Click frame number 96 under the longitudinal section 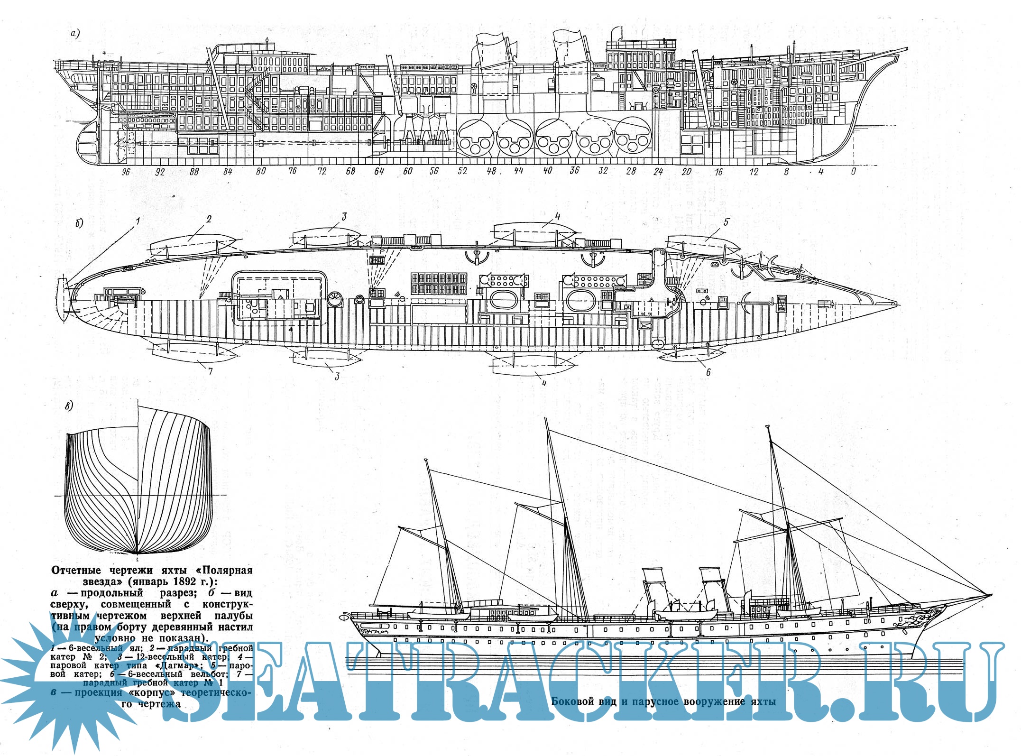tap(125, 172)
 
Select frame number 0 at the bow tap(853, 171)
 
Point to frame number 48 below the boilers tap(491, 171)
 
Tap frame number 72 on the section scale tap(322, 171)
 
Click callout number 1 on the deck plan tap(138, 221)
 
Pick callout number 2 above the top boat tap(209, 219)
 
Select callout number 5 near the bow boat tap(726, 222)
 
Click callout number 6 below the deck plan tap(708, 372)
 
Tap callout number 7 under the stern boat tap(211, 371)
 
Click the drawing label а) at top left tap(75, 34)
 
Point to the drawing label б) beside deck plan tap(79, 223)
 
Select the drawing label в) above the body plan tap(69, 406)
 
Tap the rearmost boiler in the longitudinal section tap(476, 138)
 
